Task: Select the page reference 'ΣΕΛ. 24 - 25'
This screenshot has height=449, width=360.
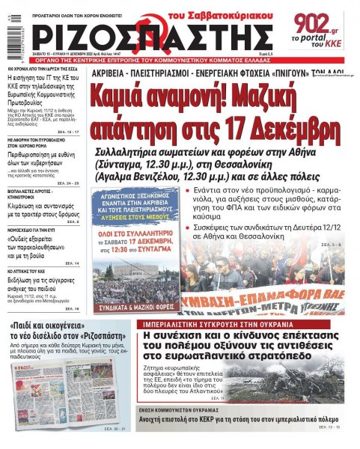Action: coord(67,183)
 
